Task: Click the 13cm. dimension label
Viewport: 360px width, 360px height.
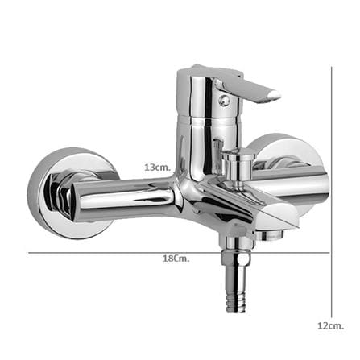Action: coord(158,168)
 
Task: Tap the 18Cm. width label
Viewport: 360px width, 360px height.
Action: coord(176,259)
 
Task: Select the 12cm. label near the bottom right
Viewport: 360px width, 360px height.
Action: coord(331,326)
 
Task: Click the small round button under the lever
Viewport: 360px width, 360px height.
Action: coord(224,101)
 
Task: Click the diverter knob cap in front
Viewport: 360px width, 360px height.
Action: coord(238,155)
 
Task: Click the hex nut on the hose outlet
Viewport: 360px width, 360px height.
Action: coord(236,258)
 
